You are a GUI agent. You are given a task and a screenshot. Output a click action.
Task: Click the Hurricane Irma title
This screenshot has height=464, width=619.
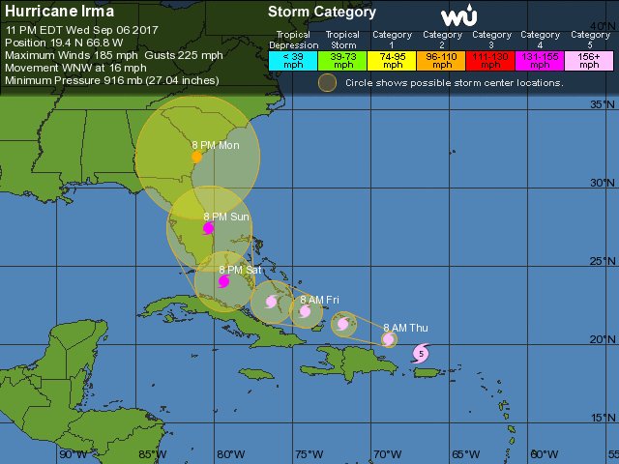tap(59, 11)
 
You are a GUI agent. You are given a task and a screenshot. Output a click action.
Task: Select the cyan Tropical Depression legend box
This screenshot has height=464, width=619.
tap(292, 58)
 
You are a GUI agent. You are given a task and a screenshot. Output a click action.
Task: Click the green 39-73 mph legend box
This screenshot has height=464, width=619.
tap(342, 58)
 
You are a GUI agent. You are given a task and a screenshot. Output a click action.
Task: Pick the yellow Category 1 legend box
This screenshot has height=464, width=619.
tap(393, 58)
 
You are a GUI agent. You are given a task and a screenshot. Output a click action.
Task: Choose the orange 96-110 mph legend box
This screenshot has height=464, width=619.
tap(442, 58)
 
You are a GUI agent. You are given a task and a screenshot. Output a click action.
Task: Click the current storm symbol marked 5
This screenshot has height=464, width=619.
tap(421, 355)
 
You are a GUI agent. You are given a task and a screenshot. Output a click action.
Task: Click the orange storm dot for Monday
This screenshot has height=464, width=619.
tap(196, 156)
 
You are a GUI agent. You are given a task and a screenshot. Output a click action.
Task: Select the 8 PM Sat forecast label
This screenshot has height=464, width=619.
tap(240, 270)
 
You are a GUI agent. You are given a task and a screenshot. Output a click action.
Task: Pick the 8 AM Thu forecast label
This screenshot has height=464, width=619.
tap(405, 328)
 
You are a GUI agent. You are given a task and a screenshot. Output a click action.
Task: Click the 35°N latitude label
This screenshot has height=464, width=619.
tap(604, 104)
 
